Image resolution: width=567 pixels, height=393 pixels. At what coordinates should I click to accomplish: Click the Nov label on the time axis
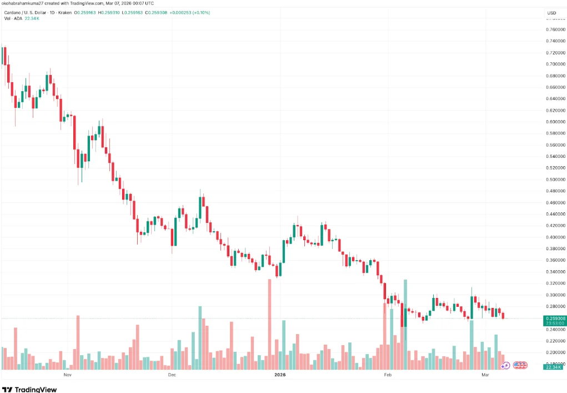click(x=68, y=375)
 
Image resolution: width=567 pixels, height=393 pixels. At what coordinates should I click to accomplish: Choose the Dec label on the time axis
click(x=172, y=375)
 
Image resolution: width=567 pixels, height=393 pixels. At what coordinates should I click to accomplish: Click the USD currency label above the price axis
click(x=551, y=13)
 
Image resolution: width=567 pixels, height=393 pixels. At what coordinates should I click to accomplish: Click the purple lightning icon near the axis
click(x=505, y=365)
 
